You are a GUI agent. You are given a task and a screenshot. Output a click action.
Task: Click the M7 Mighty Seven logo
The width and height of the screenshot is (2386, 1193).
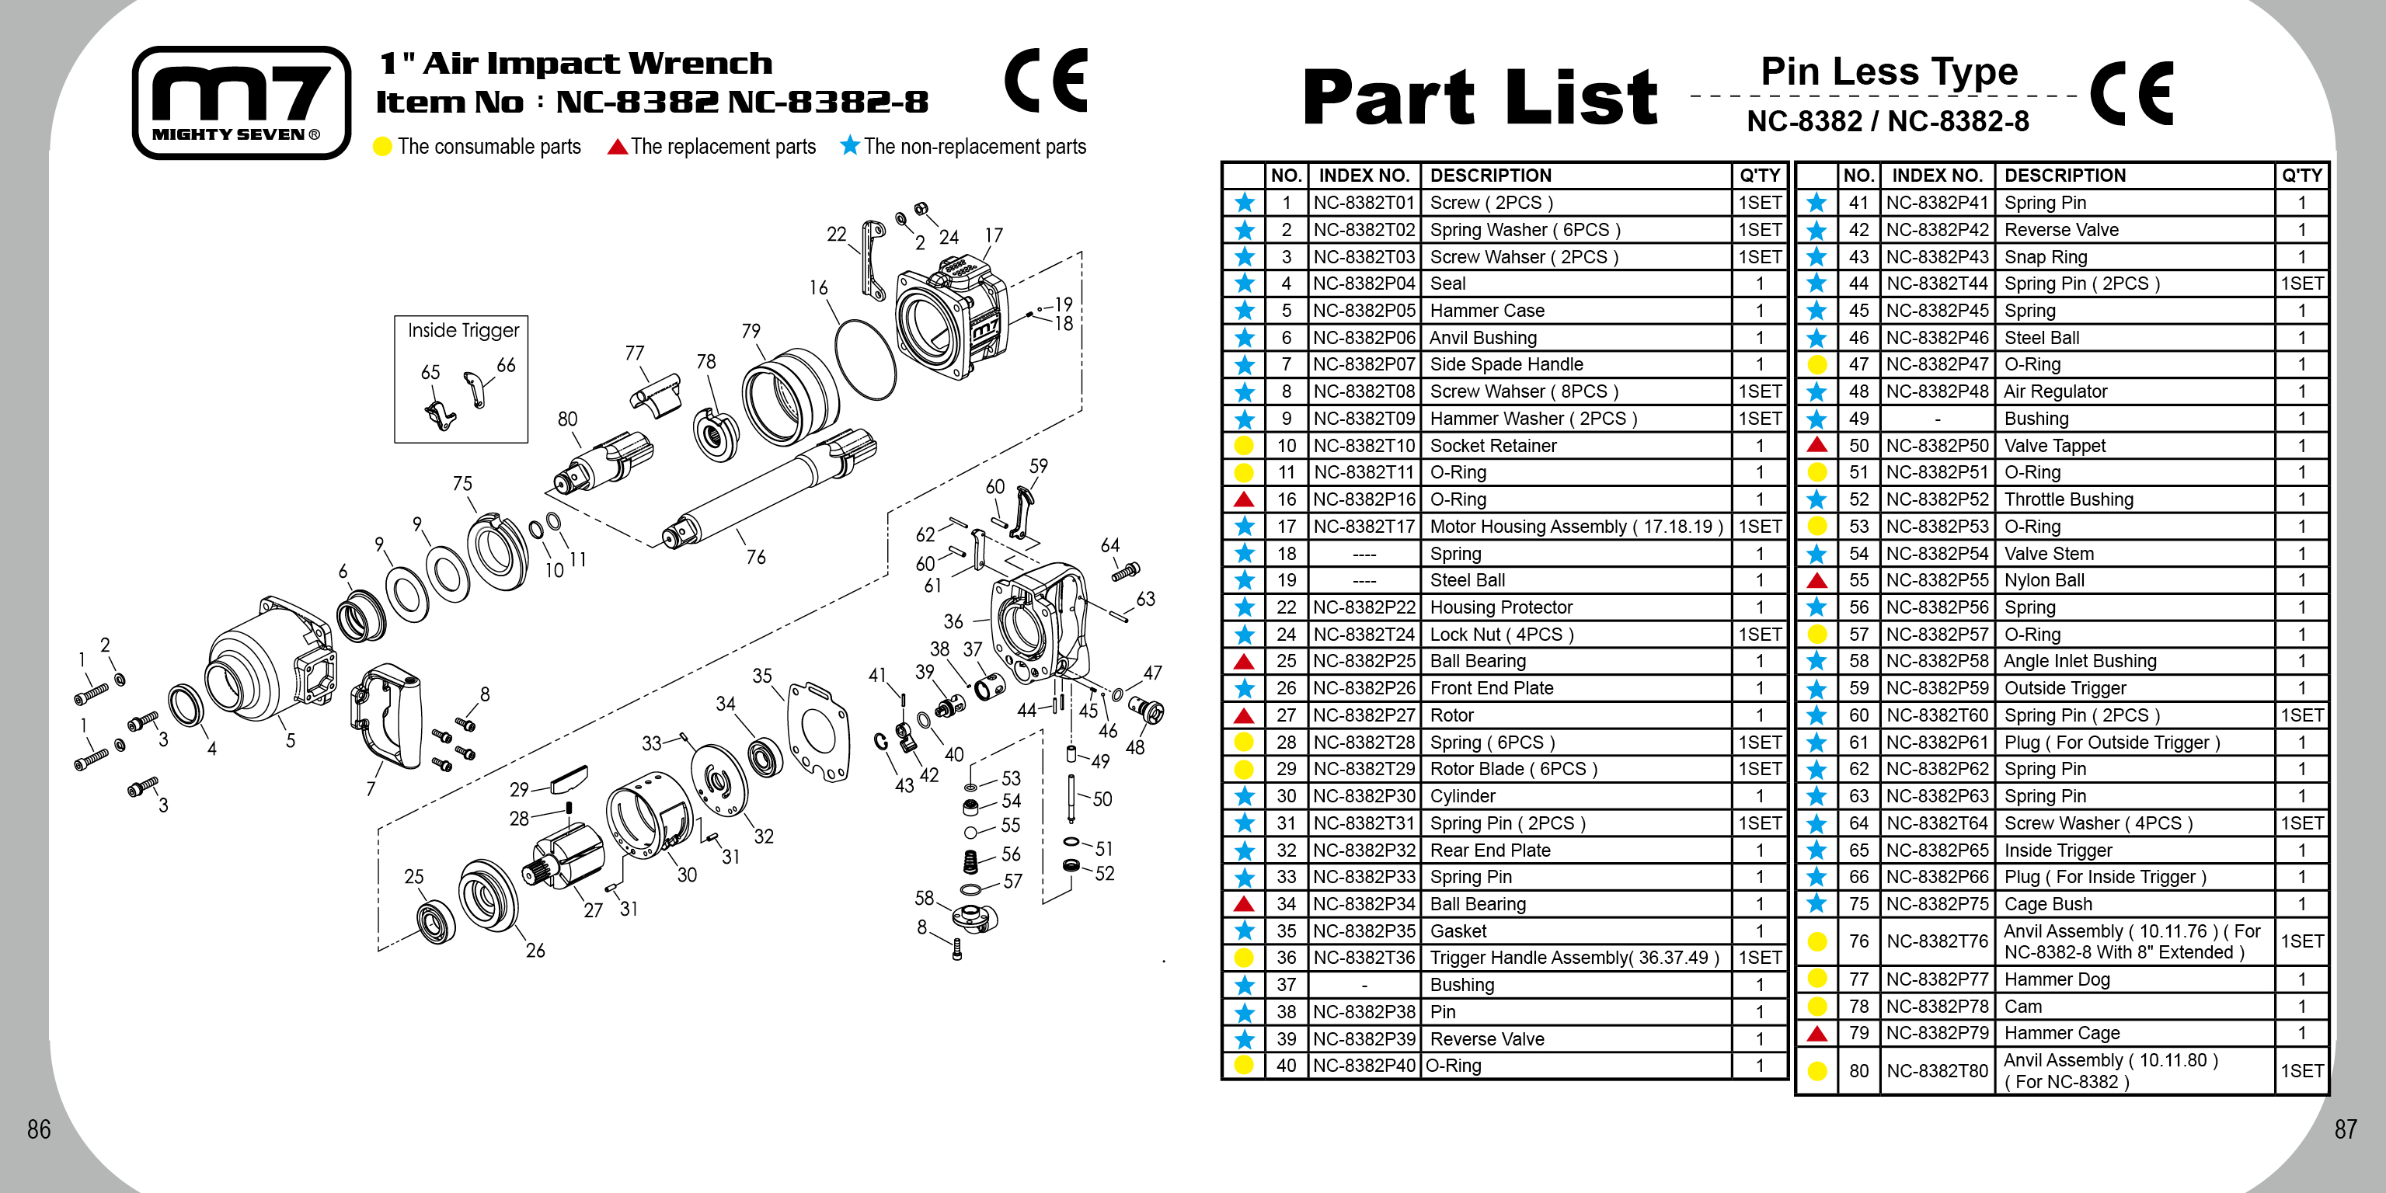[241, 102]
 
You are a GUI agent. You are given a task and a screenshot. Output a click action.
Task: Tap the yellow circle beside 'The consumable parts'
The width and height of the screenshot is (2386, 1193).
[381, 148]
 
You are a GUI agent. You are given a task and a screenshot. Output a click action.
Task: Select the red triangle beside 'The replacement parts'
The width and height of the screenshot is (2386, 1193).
[617, 148]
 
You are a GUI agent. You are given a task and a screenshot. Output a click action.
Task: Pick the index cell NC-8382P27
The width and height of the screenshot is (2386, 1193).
[1364, 715]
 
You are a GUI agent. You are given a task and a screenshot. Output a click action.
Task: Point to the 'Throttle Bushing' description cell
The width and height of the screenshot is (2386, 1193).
[2068, 499]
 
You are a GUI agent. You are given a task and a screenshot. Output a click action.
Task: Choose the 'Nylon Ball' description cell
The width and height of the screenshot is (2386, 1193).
[2044, 580]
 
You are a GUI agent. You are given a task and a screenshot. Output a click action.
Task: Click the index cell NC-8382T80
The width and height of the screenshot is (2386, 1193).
[1937, 1071]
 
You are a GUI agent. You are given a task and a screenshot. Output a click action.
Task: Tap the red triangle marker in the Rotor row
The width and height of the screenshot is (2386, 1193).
[1244, 715]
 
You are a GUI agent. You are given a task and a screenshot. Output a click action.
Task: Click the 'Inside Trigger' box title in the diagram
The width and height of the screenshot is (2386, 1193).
[463, 331]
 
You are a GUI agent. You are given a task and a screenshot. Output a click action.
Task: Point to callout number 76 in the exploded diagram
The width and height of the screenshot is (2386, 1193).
[756, 557]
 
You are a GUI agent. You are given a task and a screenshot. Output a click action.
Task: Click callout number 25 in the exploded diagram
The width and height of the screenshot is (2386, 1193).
[413, 876]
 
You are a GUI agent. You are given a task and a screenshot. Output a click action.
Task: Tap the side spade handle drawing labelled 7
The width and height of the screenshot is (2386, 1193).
[387, 713]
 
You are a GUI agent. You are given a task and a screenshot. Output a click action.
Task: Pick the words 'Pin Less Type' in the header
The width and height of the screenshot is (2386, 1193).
[1889, 71]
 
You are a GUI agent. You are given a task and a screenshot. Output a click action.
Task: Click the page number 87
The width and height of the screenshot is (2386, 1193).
[2344, 1129]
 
